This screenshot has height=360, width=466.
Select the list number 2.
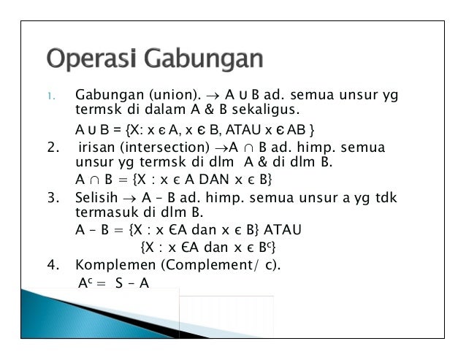click(x=50, y=150)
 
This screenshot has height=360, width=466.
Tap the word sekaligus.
click(x=267, y=111)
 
